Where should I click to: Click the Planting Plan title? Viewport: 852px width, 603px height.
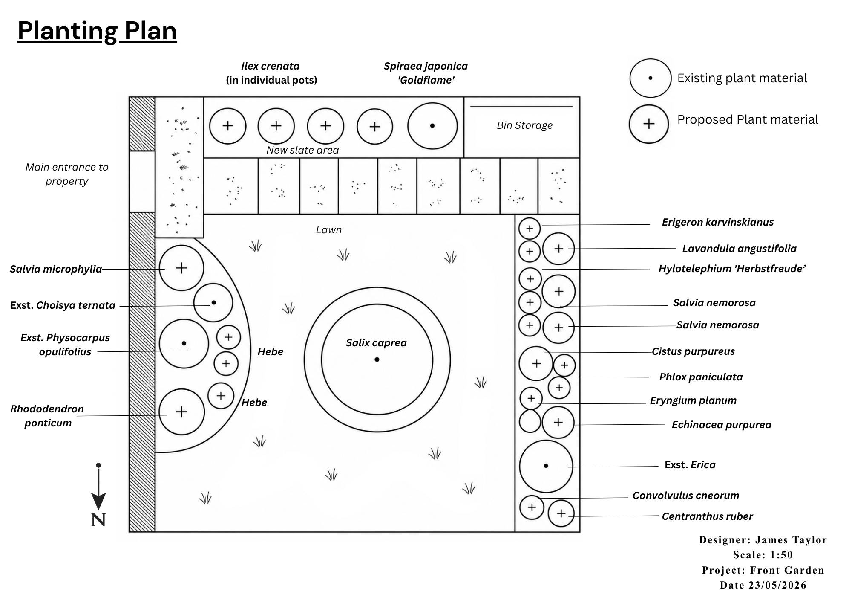(97, 31)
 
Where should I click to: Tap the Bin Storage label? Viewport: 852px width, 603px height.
(524, 125)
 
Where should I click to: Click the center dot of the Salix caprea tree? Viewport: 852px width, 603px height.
(377, 359)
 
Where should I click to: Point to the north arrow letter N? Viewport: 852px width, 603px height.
(98, 520)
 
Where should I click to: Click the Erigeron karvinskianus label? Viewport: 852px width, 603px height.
(718, 222)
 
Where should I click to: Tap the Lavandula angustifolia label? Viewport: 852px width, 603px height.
(739, 249)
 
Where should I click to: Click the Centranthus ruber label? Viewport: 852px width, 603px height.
(707, 516)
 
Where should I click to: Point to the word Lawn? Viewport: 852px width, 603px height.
(329, 230)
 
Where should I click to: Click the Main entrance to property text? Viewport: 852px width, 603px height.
(67, 174)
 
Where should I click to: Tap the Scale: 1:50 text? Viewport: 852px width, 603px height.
(763, 555)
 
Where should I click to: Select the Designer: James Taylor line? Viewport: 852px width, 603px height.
(763, 540)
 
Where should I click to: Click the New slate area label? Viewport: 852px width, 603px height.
(302, 150)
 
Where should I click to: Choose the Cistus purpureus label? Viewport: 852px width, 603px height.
(693, 351)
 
